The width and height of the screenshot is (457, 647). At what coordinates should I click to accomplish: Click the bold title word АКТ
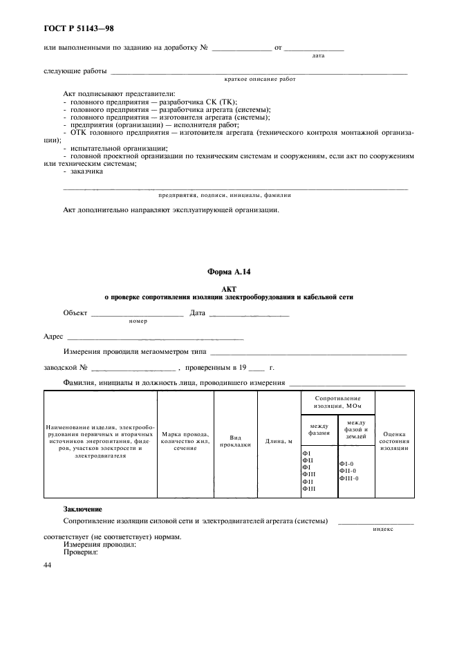click(228, 288)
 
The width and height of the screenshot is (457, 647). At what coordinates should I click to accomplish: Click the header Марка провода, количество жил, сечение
click(185, 441)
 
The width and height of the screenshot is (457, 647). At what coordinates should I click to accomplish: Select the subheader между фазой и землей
click(356, 429)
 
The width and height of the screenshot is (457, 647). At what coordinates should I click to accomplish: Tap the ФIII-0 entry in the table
click(349, 478)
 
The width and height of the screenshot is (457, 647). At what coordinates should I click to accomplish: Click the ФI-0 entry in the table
click(346, 463)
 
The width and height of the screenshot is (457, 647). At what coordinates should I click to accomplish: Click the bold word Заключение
click(82, 509)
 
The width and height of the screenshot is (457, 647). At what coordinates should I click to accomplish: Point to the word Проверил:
click(81, 552)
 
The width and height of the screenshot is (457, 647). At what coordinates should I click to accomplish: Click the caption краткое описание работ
click(260, 79)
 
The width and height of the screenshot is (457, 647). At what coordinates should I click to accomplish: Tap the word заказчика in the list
click(85, 171)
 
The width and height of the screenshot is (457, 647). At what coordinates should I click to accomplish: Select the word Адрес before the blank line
click(53, 337)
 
